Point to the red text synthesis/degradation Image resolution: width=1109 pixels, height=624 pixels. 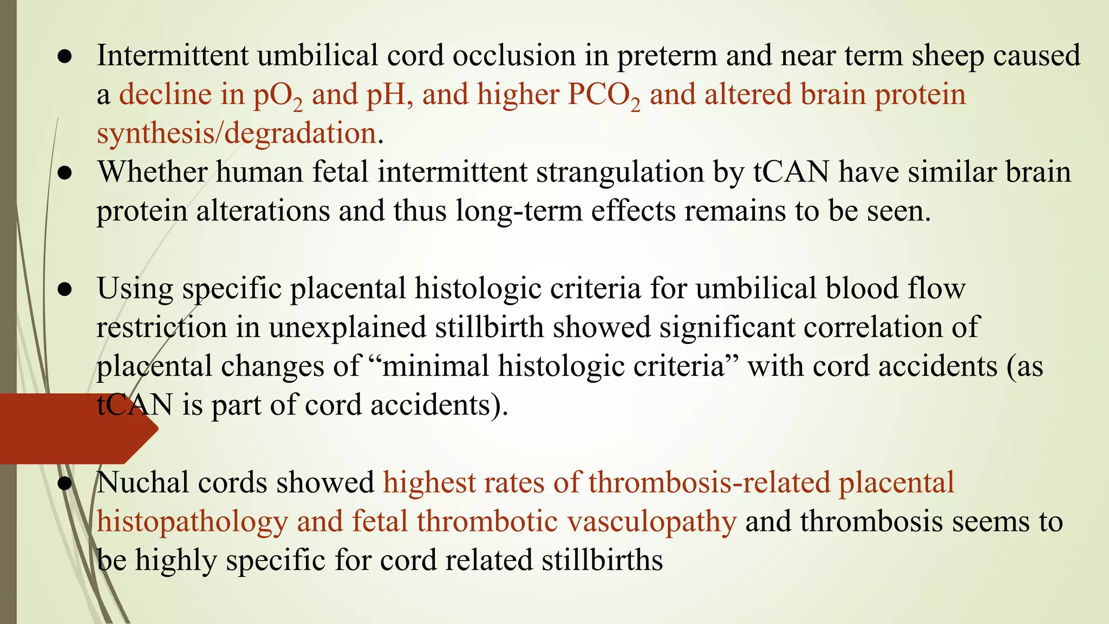pos(236,133)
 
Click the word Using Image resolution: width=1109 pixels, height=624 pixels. pos(135,289)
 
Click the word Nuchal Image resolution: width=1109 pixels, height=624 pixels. pos(143,483)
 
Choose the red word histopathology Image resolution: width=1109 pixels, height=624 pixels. pos(192,522)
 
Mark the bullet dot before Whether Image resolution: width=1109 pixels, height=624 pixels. pos(64,173)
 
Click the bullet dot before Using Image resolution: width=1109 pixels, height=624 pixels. pos(64,290)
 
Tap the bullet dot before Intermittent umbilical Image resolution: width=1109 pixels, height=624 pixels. pos(64,57)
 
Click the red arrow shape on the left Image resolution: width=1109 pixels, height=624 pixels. pos(76,429)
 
